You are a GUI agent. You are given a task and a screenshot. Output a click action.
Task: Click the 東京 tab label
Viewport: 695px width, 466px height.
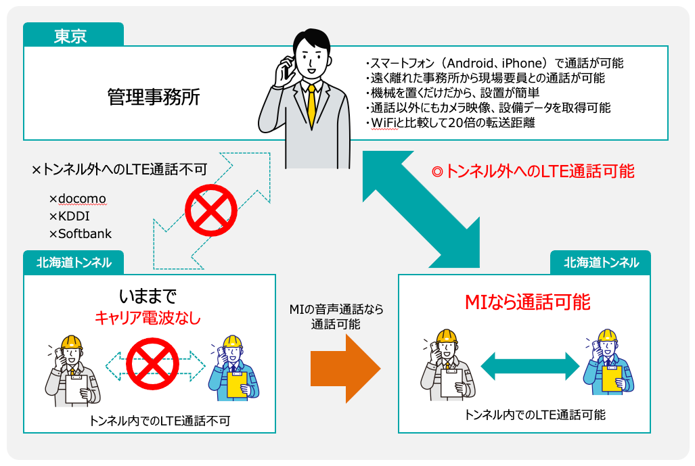70,35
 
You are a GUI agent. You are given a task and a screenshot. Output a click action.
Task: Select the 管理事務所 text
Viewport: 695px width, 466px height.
154,97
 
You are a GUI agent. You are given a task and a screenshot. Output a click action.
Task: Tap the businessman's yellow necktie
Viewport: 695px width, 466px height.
311,106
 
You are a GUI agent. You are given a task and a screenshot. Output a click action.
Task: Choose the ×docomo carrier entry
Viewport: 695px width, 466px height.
77,199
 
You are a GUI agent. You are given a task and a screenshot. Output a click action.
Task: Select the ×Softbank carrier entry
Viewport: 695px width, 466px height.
80,234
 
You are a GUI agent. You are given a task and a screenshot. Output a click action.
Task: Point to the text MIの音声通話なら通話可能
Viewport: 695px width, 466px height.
336,317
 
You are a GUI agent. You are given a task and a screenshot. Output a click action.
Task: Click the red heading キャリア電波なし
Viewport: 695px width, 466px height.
148,317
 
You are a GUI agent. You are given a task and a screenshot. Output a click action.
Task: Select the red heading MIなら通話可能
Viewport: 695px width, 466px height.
526,302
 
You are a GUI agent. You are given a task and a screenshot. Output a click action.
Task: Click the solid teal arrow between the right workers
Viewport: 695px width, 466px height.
530,367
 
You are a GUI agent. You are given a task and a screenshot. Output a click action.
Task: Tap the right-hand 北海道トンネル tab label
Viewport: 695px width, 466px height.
600,262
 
